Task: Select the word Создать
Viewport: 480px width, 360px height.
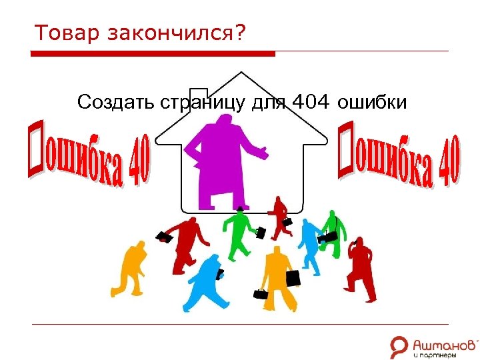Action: (116, 103)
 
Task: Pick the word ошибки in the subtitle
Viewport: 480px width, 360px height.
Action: (373, 103)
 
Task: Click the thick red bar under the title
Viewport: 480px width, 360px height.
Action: (153, 53)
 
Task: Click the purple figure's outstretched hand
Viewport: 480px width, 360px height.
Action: (263, 153)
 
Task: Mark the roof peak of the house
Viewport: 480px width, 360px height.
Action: (242, 73)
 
